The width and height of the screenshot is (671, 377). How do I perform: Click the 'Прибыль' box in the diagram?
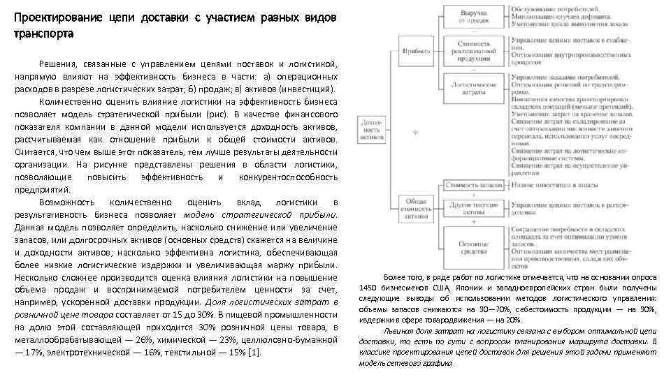point(417,51)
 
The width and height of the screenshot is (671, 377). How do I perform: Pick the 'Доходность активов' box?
point(370,129)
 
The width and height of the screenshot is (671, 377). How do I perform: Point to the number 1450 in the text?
point(369,288)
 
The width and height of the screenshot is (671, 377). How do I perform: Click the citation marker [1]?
point(256,351)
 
